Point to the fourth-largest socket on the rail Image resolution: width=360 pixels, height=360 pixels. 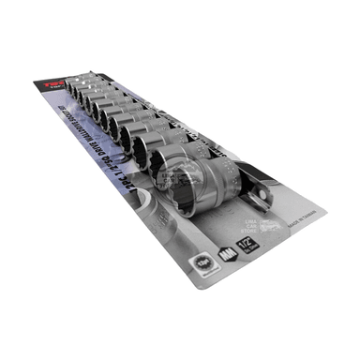pyautogui.click(x=133, y=131)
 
